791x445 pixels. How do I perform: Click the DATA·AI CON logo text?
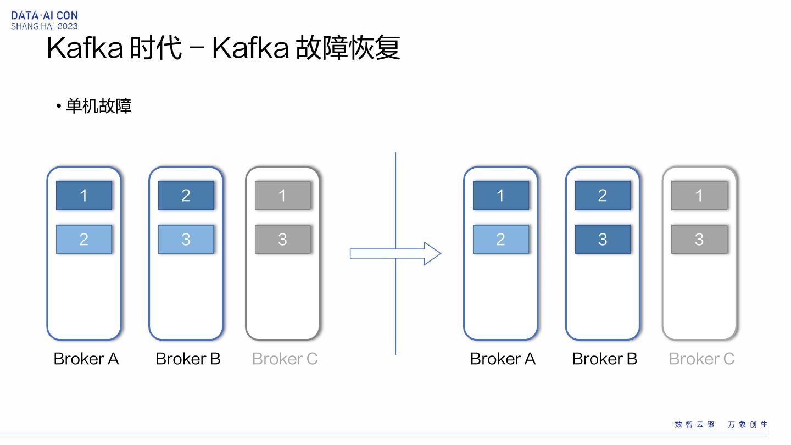click(x=44, y=15)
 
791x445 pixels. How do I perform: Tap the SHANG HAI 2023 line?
click(x=44, y=26)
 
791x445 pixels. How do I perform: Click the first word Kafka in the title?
click(x=85, y=48)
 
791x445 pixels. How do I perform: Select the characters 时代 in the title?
click(x=156, y=48)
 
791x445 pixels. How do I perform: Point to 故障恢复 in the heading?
click(x=348, y=48)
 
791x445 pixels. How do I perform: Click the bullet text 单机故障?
click(x=98, y=106)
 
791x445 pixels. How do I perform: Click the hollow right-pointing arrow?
click(x=395, y=253)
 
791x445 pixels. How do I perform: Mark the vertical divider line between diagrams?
click(x=396, y=253)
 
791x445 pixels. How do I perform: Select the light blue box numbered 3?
click(x=186, y=239)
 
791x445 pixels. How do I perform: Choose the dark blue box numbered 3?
click(x=603, y=239)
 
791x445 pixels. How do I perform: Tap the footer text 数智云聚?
click(x=694, y=424)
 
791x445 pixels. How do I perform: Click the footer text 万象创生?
click(x=748, y=424)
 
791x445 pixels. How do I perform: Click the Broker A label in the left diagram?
click(x=86, y=359)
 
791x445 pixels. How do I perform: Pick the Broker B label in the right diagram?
click(x=605, y=359)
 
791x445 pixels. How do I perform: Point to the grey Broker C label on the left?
click(x=285, y=359)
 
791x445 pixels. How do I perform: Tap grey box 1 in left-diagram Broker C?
click(x=283, y=196)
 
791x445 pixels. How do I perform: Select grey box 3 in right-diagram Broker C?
click(x=700, y=239)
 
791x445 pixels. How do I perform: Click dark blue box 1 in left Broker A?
click(x=84, y=196)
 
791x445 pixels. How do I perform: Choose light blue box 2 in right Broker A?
click(x=501, y=239)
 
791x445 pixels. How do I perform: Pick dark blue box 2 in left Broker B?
click(x=186, y=196)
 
